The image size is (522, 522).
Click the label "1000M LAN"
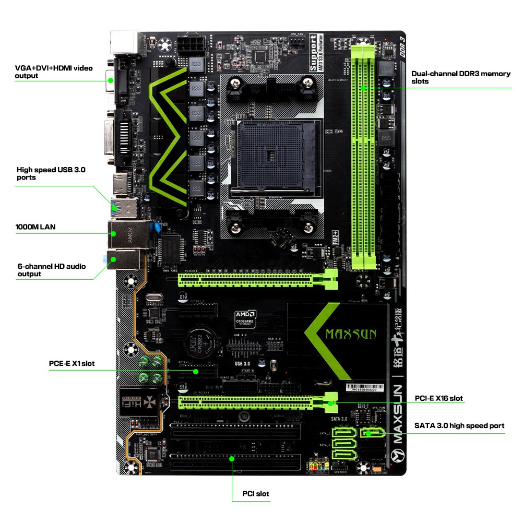(35, 227)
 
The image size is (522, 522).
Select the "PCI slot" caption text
(256, 493)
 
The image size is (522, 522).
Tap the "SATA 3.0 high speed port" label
(459, 425)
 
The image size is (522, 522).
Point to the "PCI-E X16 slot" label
(438, 398)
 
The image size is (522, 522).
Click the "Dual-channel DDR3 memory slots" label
(461, 77)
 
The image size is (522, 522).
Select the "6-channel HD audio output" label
(52, 270)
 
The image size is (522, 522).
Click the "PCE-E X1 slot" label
(72, 363)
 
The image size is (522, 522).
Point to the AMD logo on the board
(244, 315)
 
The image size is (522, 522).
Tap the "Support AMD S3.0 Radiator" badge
(316, 52)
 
